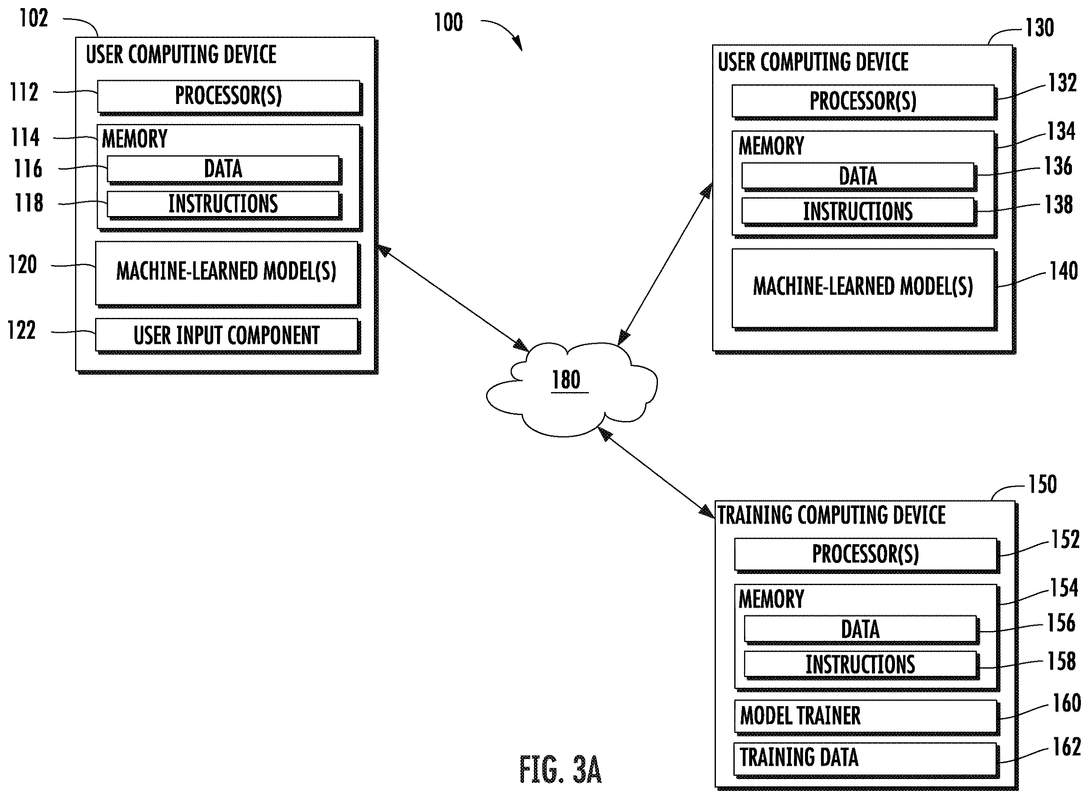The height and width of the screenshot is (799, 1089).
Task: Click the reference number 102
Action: pos(34,18)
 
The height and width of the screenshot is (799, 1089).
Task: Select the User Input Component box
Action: pos(227,335)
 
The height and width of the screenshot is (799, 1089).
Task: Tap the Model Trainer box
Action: pos(866,716)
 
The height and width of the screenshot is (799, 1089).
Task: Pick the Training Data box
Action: pos(866,759)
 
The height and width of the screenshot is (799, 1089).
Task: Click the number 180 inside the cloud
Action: pos(566,380)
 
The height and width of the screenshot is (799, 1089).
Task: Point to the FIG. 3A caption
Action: pos(560,769)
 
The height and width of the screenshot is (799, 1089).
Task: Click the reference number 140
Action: pos(1063,271)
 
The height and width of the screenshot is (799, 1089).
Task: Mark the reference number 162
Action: pos(1067,747)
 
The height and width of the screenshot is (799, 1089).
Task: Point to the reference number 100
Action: pos(449,22)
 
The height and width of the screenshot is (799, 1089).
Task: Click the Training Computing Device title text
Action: pos(831,515)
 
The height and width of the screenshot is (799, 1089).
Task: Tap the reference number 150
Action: pos(1043,484)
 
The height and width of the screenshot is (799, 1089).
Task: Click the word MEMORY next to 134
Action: pos(771,146)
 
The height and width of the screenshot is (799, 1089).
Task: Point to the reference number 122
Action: pos(21,331)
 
